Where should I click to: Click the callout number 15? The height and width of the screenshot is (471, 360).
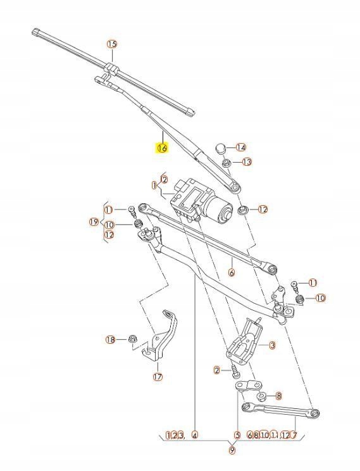point(111,44)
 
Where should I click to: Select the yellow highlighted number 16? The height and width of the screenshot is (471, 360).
point(162,148)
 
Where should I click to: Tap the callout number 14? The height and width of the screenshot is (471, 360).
point(240,147)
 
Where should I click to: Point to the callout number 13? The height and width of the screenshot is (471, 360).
point(246,162)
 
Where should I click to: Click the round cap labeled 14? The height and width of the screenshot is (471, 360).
point(221,148)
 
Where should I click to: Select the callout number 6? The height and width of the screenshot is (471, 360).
point(232,273)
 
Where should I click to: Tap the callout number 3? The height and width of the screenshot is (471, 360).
point(271,345)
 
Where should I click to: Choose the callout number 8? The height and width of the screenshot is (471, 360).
point(278,396)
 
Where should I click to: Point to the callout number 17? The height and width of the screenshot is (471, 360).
point(158,377)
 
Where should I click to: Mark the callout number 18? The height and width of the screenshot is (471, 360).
point(111,339)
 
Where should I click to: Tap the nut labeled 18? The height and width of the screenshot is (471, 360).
point(132,340)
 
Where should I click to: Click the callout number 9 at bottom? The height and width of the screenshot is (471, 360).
point(232,450)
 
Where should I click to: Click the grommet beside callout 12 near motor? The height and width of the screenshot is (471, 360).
point(243,209)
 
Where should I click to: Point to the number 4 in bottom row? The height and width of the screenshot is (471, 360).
point(195,435)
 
